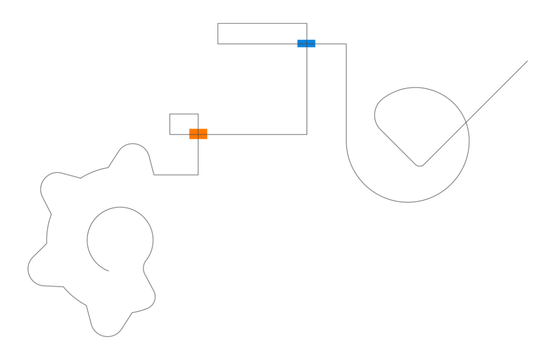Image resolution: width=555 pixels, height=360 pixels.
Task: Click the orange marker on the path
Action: click(198, 134)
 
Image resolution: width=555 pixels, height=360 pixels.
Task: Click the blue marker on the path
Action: click(306, 43)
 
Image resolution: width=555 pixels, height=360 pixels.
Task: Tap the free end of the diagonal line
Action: click(527, 61)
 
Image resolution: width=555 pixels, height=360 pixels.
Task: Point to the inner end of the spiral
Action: click(108, 270)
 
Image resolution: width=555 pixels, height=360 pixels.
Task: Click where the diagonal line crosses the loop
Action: click(466, 122)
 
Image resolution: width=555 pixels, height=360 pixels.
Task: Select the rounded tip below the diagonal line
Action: click(420, 165)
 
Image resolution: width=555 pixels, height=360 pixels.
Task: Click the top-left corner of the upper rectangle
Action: click(218, 23)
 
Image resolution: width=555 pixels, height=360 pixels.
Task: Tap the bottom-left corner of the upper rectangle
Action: click(218, 43)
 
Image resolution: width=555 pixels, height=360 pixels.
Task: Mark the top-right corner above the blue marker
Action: click(307, 23)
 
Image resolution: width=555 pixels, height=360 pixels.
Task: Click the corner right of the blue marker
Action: click(347, 43)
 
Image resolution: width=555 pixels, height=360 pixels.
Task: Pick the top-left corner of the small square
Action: click(169, 114)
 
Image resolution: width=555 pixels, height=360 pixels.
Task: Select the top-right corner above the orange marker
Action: click(198, 114)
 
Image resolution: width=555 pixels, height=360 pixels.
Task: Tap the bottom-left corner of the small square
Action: click(169, 134)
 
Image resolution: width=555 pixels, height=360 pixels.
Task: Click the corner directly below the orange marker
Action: click(198, 175)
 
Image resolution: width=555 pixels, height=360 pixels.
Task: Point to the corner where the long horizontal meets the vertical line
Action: click(307, 134)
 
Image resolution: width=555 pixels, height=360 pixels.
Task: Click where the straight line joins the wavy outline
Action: click(154, 175)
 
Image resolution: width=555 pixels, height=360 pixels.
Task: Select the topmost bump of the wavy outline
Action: click(133, 144)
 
